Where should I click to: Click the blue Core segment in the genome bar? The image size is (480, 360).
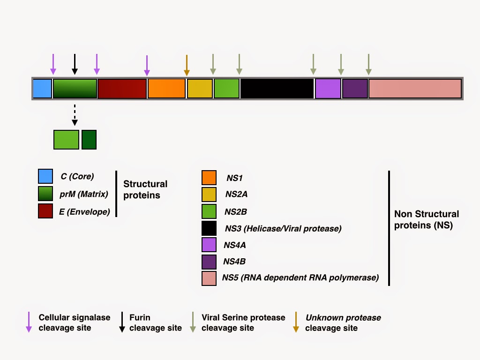(42, 89)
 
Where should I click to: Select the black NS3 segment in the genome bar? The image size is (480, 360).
(277, 89)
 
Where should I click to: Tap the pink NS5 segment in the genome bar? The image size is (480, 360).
(415, 89)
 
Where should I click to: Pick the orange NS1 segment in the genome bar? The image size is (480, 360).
(167, 89)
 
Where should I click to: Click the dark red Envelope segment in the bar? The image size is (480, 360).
(122, 89)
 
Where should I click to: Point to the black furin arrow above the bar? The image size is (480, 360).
(75, 64)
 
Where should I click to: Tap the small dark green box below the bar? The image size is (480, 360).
(89, 140)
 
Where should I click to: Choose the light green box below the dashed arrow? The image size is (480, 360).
(67, 140)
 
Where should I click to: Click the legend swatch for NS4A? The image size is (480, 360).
(209, 245)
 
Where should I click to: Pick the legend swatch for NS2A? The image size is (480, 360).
(209, 195)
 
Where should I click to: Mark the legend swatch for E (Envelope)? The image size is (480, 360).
(45, 211)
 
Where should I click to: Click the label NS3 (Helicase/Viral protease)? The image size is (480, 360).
(283, 229)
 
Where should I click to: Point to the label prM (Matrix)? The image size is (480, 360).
(84, 194)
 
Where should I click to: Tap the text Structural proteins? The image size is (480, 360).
(145, 189)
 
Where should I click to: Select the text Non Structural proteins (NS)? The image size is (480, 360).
(427, 219)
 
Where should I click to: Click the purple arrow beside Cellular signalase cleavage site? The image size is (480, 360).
(29, 322)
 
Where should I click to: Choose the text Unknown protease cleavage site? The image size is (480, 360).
(343, 322)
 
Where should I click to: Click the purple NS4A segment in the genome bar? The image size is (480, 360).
(328, 89)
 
